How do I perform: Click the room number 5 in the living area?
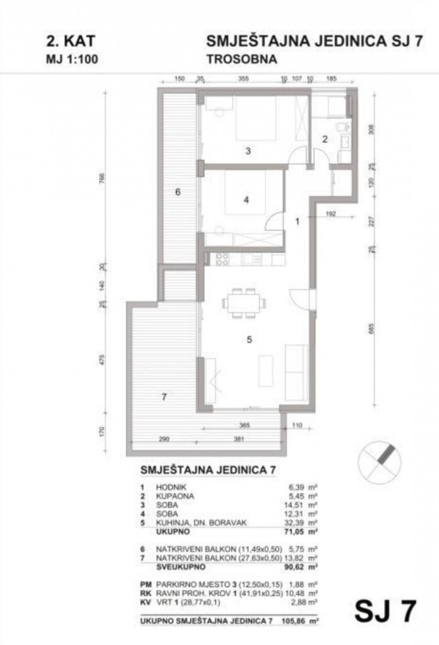click(249, 340)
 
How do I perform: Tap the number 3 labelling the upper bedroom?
click(248, 151)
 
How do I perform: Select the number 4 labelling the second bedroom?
click(247, 200)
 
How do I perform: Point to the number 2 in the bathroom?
click(326, 140)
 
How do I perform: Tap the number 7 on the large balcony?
click(163, 397)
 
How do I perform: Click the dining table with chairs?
click(243, 302)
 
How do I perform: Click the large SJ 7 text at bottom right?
click(384, 610)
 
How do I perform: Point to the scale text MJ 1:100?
click(72, 60)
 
